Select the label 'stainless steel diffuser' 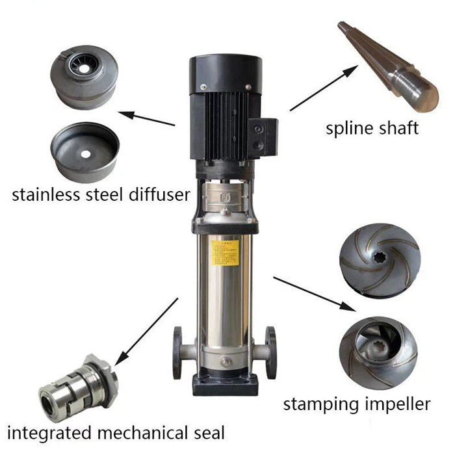[x=101, y=193]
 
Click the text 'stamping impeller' [x=356, y=404]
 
